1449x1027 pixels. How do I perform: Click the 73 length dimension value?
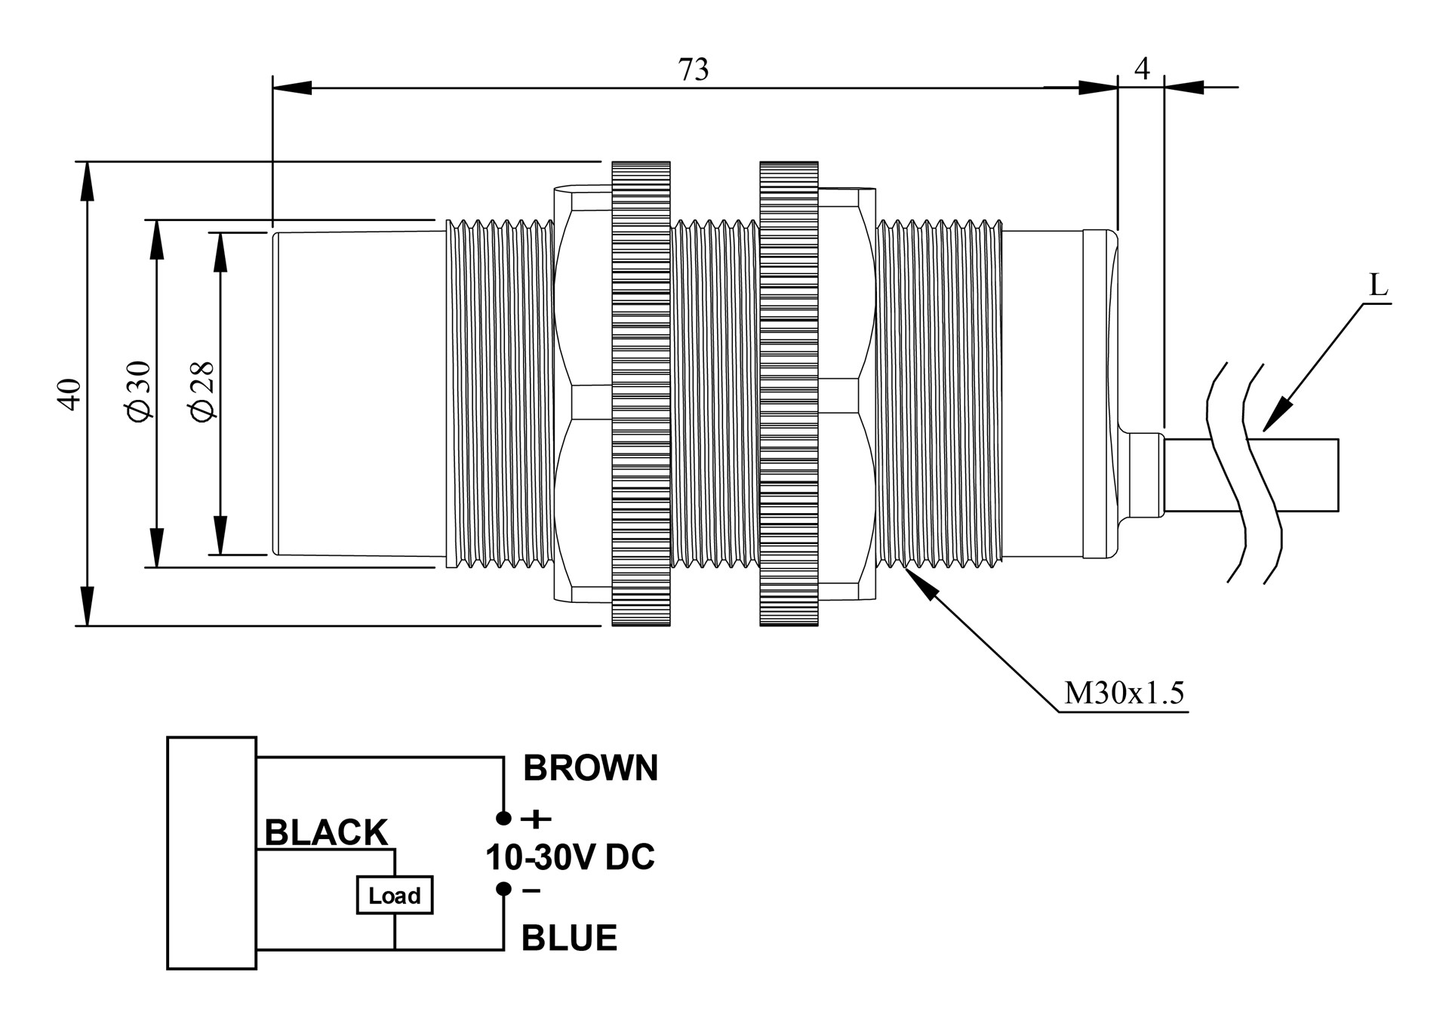coord(694,69)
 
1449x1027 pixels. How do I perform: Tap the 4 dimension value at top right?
coord(1142,69)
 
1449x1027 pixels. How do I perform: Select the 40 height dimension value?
coord(69,393)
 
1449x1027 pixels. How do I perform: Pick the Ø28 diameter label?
coord(203,392)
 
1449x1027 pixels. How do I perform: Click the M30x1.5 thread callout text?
coord(1124,693)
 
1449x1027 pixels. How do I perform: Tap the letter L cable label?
coord(1378,286)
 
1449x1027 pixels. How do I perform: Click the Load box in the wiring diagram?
coord(395,895)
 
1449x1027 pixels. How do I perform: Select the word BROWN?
coord(590,768)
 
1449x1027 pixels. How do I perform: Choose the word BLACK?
coord(326,833)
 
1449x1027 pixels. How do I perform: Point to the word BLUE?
coord(569,938)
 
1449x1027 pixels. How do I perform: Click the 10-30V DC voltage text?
coord(570,857)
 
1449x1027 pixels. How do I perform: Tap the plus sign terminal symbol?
coord(537,819)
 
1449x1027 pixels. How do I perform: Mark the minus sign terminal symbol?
coord(531,891)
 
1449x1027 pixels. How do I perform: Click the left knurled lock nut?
coord(641,393)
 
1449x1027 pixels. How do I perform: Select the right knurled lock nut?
coord(789,393)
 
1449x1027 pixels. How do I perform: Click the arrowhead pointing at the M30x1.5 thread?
coord(917,581)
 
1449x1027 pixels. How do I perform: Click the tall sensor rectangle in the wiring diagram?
coord(211,853)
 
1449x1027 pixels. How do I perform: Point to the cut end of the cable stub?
coord(1337,475)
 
